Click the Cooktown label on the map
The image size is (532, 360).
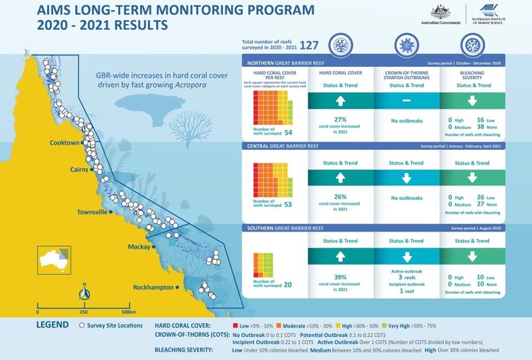pos(65,143)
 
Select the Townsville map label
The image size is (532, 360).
pos(97,212)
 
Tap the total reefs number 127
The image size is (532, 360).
pos(310,45)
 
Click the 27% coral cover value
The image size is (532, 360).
pos(341,119)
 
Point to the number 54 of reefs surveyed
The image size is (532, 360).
pos(288,132)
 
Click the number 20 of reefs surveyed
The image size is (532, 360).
pos(288,284)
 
